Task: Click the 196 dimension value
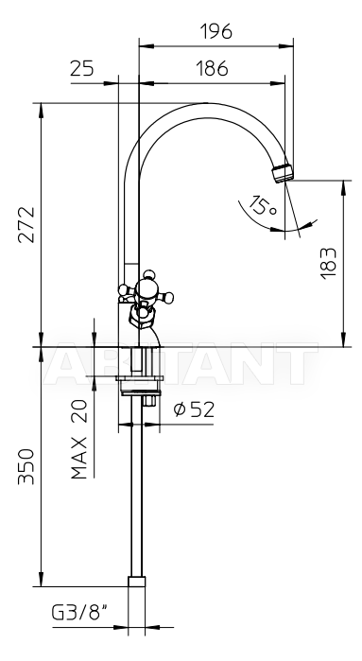pyautogui.click(x=215, y=31)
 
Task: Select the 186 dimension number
pyautogui.click(x=212, y=68)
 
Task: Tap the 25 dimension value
pyautogui.click(x=82, y=68)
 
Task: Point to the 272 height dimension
pyautogui.click(x=26, y=224)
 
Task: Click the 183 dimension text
pyautogui.click(x=329, y=263)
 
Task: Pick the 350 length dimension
pyautogui.click(x=26, y=466)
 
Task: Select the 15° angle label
pyautogui.click(x=262, y=205)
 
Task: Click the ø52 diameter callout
pyautogui.click(x=195, y=409)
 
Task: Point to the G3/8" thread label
pyautogui.click(x=80, y=613)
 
